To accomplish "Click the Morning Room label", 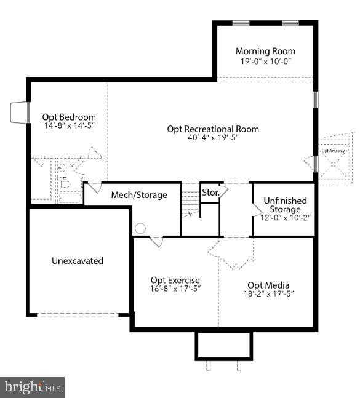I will point(265,51).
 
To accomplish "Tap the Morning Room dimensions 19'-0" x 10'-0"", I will point(265,62).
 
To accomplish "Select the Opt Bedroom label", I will point(69,117).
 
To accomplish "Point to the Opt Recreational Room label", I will point(213,129).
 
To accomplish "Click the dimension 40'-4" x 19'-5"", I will point(213,138).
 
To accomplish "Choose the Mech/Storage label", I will point(138,195).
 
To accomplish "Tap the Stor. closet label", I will point(211,193).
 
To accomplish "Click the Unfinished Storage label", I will point(284,205).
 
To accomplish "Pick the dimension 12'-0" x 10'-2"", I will point(284,218).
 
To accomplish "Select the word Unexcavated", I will point(77,260).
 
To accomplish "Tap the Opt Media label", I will point(268,285).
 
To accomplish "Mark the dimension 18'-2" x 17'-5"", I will point(268,294).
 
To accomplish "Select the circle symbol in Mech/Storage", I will point(140,228).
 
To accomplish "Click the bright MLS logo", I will point(34,387).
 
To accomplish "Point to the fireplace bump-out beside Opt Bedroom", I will point(20,113).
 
